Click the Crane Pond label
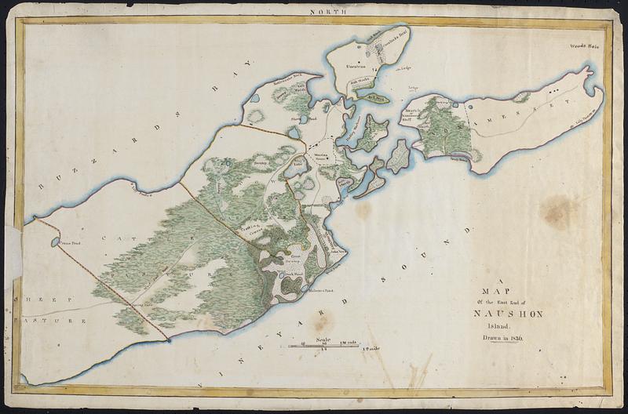71,244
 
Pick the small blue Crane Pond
54,242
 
